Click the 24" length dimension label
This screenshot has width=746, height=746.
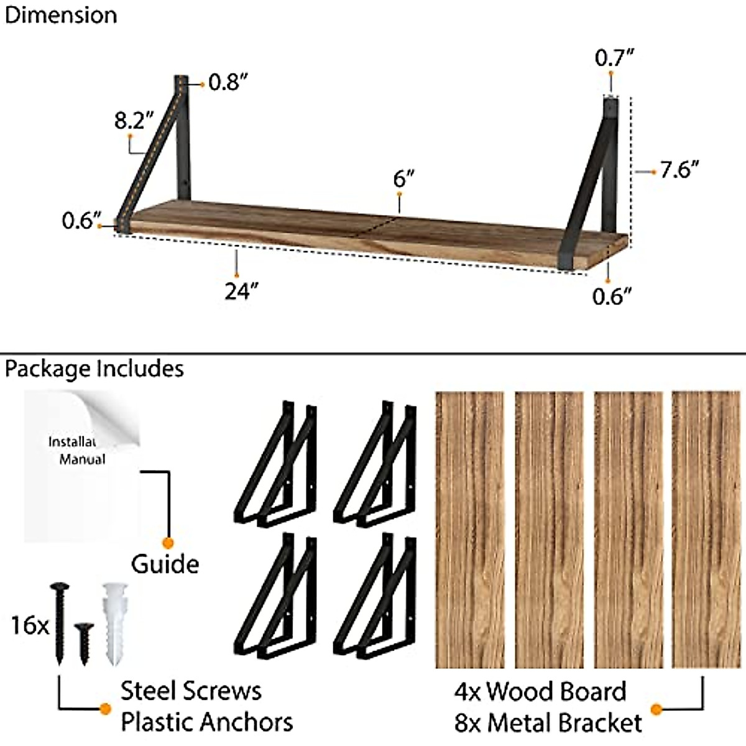coord(241,290)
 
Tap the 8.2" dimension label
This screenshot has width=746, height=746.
coord(134,120)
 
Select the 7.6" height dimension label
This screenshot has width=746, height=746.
coord(679,170)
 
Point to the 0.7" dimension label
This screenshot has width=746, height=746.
coord(614,58)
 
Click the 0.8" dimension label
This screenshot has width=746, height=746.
coord(228,82)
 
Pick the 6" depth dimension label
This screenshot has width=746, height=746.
coord(403,179)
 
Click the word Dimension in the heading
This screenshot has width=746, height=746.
coord(60,16)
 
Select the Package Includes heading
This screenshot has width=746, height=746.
coord(94,369)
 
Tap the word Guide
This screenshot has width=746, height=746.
coord(165,564)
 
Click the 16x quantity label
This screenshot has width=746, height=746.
coord(29,625)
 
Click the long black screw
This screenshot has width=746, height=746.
coord(60,622)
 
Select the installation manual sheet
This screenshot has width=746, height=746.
coord(81,466)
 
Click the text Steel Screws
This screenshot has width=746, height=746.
coord(191,691)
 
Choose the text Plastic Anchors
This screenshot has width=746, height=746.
coord(206,722)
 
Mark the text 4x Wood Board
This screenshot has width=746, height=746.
coord(540,691)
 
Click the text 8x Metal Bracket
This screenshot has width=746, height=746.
coord(548,723)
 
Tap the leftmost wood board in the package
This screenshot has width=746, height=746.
coord(469,528)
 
